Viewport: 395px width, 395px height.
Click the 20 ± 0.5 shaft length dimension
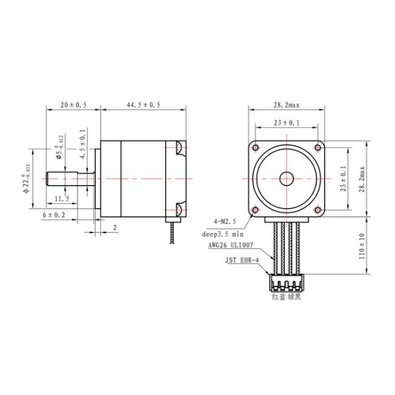(74, 105)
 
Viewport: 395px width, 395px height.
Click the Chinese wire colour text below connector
(287, 297)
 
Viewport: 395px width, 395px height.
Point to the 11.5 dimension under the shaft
(63, 198)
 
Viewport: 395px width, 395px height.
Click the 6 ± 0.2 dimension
(54, 215)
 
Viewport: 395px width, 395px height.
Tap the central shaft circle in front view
(286, 178)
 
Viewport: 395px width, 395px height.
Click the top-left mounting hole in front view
(256, 147)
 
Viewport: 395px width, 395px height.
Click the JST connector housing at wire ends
(286, 284)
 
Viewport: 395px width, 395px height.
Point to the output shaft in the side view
(69, 178)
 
